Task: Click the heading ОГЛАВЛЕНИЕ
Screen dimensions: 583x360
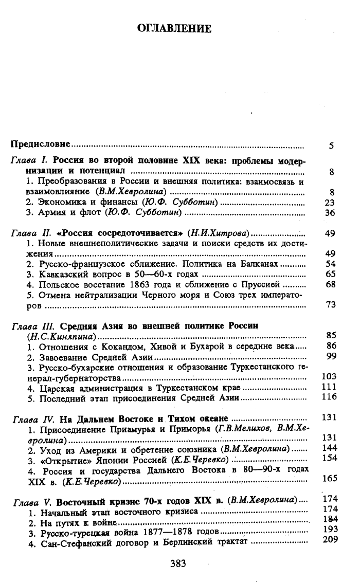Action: [x=174, y=29]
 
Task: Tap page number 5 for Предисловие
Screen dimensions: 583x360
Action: [x=332, y=145]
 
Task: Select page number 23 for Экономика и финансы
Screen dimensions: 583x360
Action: [x=330, y=203]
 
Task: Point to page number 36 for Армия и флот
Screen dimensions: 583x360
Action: [x=330, y=213]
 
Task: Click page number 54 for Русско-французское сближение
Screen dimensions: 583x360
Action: [x=330, y=264]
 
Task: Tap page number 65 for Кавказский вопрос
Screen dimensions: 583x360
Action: [x=330, y=274]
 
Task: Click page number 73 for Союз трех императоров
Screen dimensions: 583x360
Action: [x=330, y=305]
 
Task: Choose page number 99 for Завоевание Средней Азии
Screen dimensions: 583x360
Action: [x=330, y=356]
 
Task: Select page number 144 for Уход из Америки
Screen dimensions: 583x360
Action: [x=328, y=448]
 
